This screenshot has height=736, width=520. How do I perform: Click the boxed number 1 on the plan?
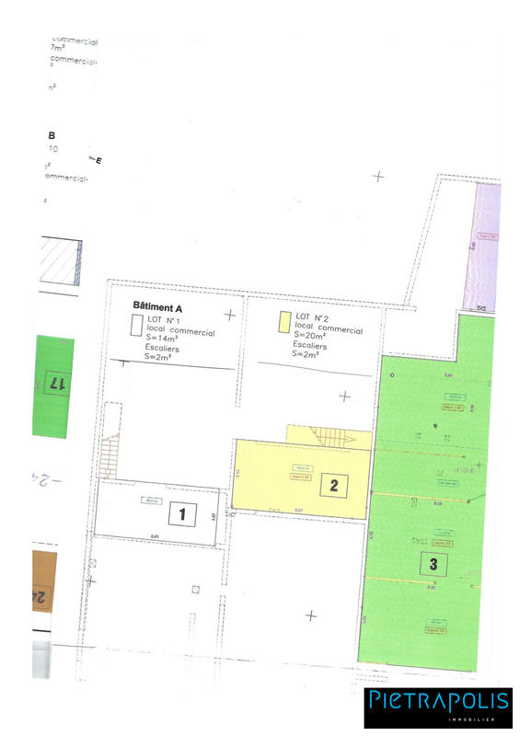(x=182, y=515)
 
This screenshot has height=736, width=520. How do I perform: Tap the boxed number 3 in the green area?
(x=433, y=563)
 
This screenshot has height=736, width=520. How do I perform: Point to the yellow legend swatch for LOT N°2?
(x=283, y=323)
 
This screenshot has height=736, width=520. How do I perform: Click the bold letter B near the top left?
(x=52, y=135)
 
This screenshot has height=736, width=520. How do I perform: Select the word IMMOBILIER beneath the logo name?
(x=484, y=719)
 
